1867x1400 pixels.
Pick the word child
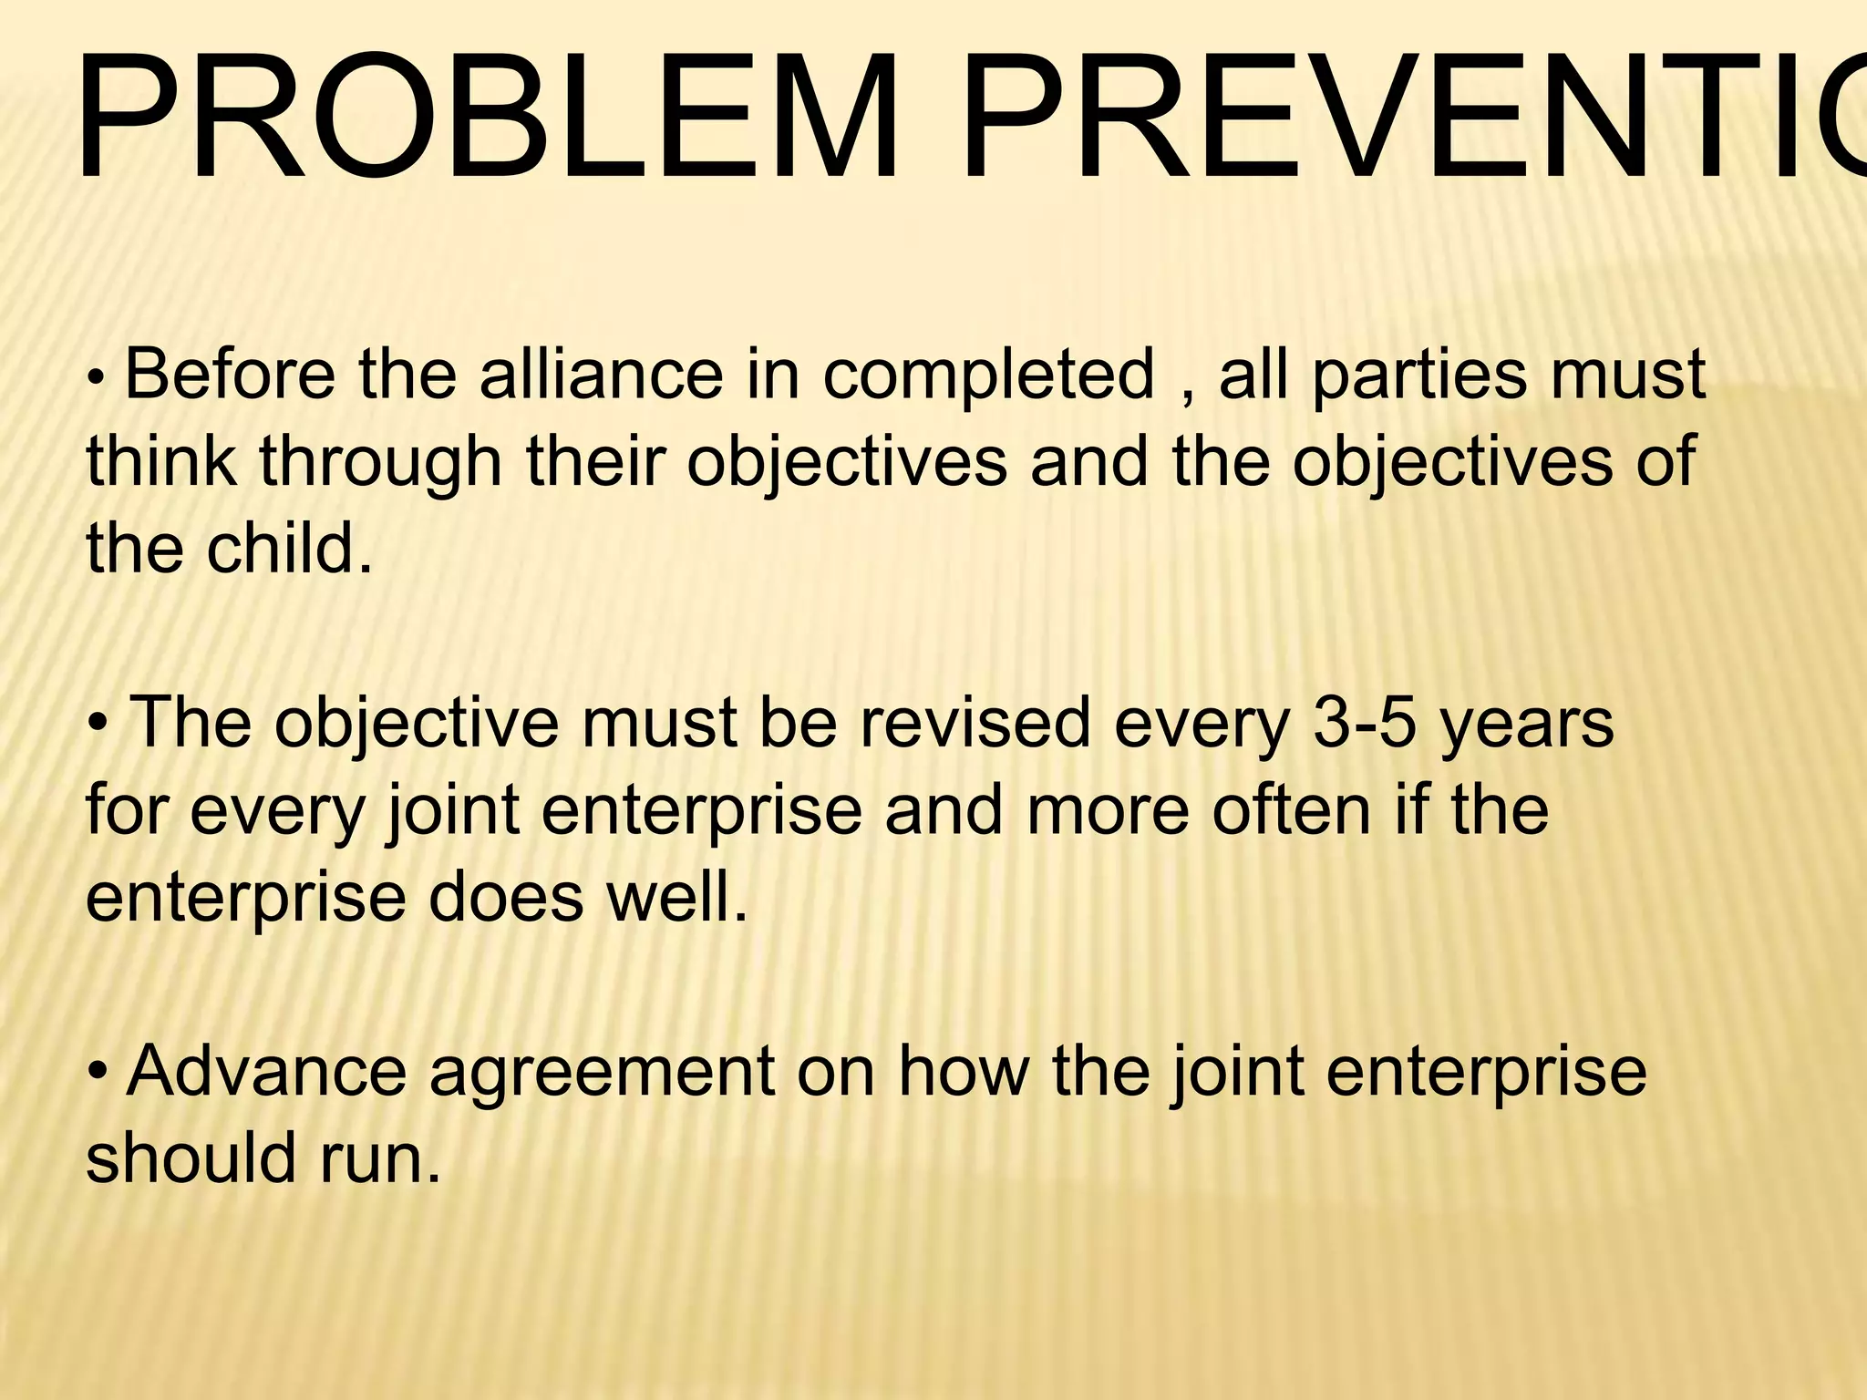[x=290, y=549]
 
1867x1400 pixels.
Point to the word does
[x=506, y=897]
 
